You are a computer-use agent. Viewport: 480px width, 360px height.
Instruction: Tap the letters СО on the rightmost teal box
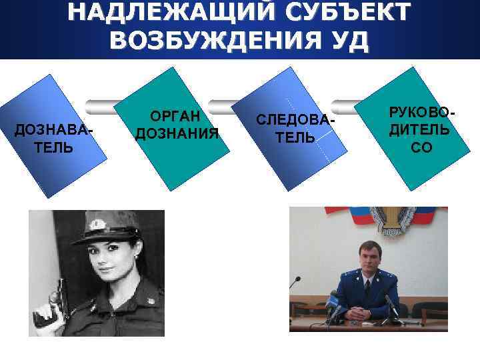click(x=421, y=147)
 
